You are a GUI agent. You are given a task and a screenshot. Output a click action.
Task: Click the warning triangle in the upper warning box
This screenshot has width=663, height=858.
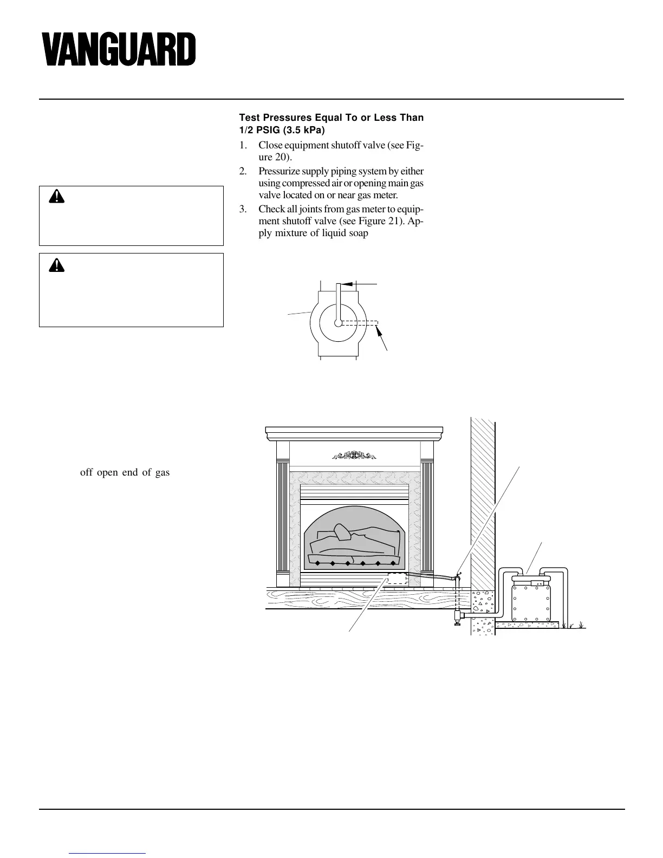tap(56, 196)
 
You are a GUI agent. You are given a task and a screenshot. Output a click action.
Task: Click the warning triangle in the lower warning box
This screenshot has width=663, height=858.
tap(56, 264)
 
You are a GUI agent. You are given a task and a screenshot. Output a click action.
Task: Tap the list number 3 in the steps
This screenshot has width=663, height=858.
tap(243, 209)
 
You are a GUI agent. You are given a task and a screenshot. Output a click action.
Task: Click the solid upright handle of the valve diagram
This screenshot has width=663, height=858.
tap(338, 301)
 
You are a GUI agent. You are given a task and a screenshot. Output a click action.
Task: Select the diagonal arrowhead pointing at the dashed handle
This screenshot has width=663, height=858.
tap(379, 331)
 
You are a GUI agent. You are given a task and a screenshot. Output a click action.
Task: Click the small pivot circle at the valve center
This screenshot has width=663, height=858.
tap(338, 323)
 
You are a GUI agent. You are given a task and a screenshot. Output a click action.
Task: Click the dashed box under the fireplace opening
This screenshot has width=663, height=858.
tap(397, 578)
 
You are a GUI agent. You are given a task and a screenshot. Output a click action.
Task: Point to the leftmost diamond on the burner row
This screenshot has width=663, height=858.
tap(318, 563)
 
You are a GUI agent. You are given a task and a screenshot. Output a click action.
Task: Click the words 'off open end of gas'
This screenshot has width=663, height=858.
tap(125, 472)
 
